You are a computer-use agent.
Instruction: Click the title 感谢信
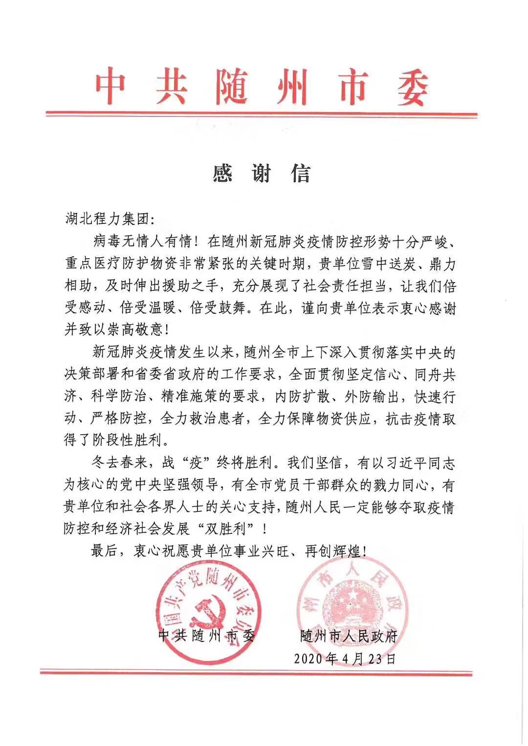pos(262,173)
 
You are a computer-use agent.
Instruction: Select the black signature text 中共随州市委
pos(207,636)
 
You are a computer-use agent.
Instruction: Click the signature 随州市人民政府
pos(349,636)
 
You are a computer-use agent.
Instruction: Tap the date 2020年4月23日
pos(345,659)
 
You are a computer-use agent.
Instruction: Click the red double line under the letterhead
pos(262,114)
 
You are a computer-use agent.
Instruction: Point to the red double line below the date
pos(256,673)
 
